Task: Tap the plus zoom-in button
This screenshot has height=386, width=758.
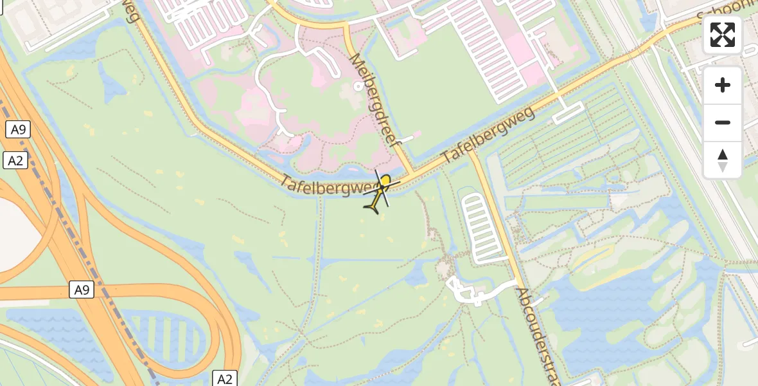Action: pos(723,86)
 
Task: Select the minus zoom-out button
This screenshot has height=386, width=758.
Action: pos(723,122)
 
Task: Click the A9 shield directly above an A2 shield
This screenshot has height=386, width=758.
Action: pos(18,129)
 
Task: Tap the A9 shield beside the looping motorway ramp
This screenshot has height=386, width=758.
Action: pos(82,290)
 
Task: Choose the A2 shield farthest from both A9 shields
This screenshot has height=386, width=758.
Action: pos(224,378)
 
